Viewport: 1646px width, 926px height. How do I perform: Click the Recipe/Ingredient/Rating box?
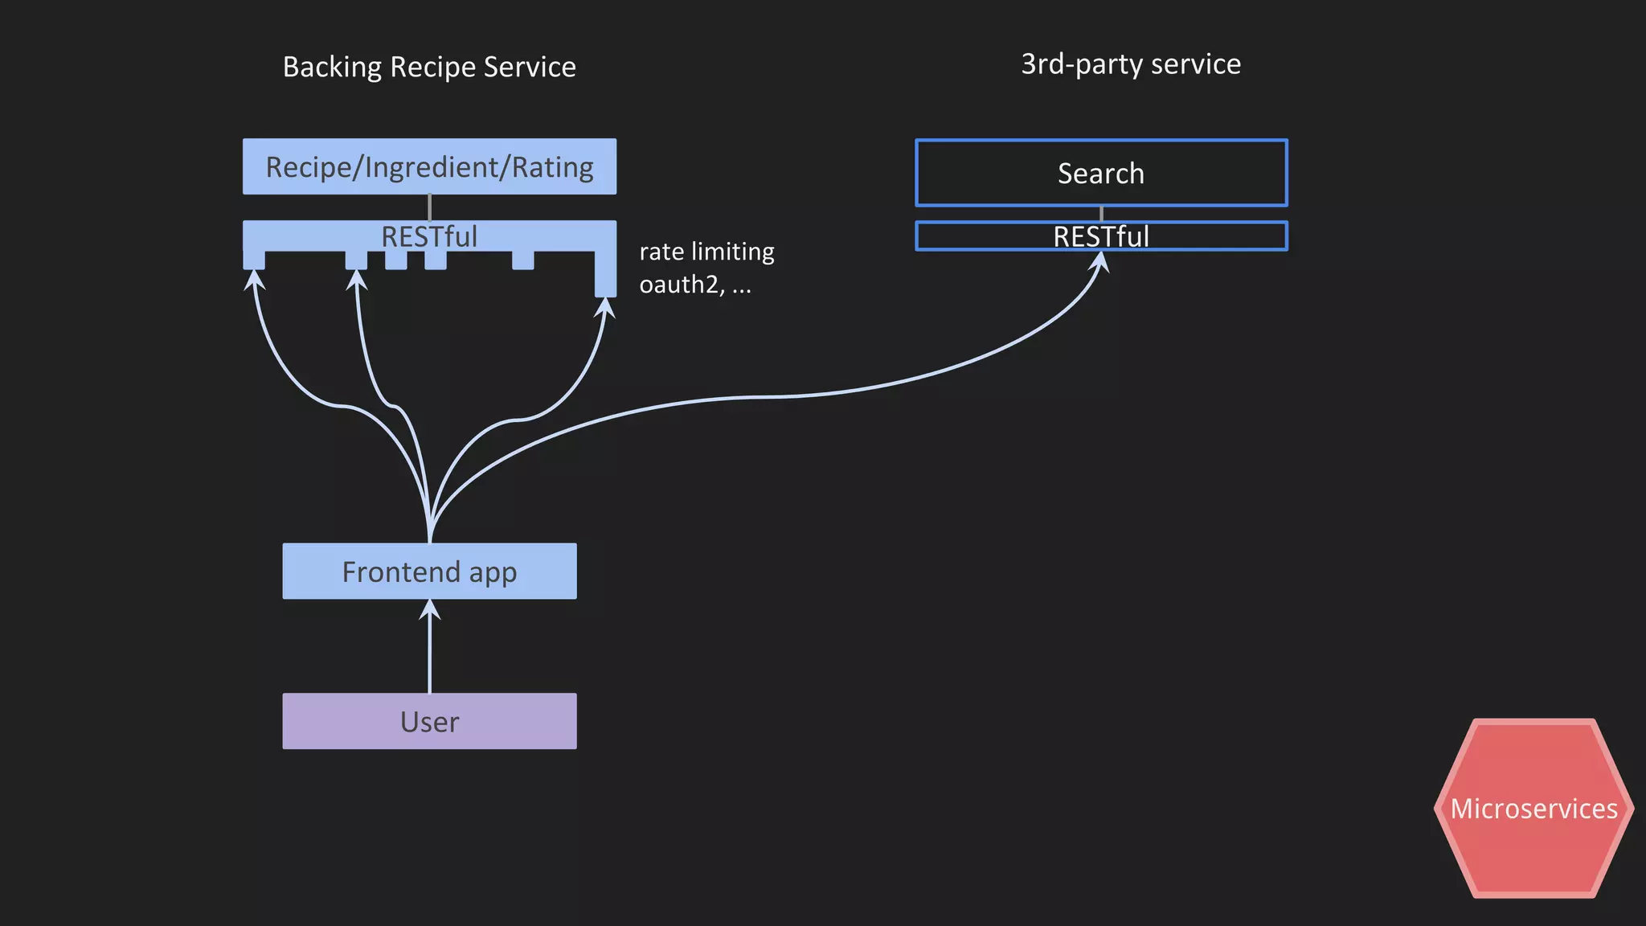click(x=429, y=166)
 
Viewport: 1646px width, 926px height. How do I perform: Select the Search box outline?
click(x=1100, y=173)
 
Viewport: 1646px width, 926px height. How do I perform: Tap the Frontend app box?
click(x=429, y=572)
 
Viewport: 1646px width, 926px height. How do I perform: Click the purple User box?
click(x=429, y=721)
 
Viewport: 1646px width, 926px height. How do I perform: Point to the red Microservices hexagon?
click(x=1533, y=808)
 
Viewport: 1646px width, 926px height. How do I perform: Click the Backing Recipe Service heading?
click(x=429, y=67)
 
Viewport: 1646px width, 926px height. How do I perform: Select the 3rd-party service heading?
click(x=1130, y=64)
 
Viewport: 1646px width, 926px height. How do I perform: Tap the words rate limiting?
click(x=706, y=252)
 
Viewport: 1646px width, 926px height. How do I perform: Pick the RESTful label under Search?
click(x=1100, y=236)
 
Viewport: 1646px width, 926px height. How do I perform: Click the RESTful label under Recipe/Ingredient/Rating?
click(x=429, y=236)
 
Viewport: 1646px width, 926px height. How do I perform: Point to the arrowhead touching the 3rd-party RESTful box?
click(x=1100, y=262)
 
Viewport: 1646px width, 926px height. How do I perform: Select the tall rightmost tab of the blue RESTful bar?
click(x=605, y=273)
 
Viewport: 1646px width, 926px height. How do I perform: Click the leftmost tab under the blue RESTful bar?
click(x=254, y=260)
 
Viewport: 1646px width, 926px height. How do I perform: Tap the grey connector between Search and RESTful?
click(x=1100, y=214)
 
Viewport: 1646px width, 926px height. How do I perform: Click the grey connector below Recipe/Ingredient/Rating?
click(x=429, y=207)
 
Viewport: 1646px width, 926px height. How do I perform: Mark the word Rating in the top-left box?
click(x=552, y=166)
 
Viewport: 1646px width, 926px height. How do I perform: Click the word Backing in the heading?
click(x=332, y=67)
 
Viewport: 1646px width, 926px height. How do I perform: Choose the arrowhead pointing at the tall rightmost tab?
click(x=606, y=308)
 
